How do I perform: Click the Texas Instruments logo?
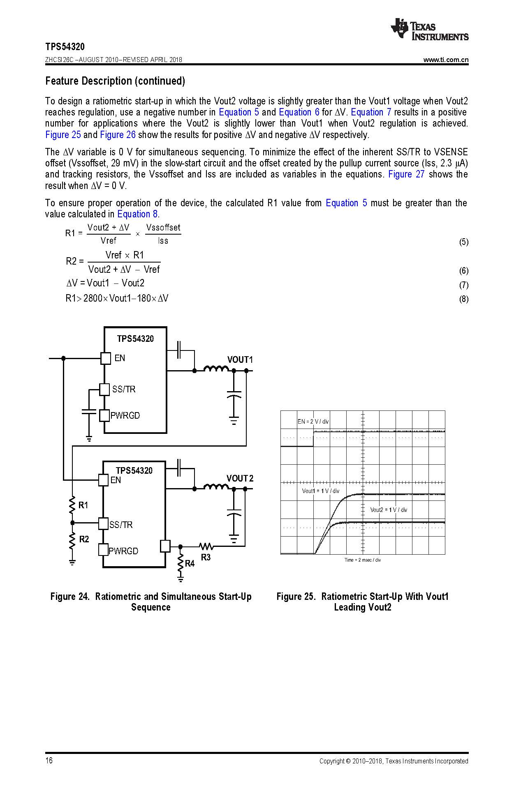point(430,29)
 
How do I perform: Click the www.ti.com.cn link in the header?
point(446,60)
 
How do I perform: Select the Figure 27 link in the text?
point(406,174)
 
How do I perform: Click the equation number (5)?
point(463,242)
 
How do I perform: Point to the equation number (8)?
point(463,299)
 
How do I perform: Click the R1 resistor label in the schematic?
point(83,505)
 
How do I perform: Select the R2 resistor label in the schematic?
point(84,539)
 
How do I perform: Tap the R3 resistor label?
point(206,557)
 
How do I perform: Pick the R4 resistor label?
point(190,563)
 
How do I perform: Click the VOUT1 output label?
point(240,360)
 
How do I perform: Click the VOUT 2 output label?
point(240,478)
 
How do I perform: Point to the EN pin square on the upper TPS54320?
point(106,358)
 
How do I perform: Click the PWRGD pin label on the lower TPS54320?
point(123,551)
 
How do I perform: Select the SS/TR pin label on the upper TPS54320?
point(123,389)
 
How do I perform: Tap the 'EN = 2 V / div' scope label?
point(313,422)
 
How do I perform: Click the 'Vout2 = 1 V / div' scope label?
point(388,510)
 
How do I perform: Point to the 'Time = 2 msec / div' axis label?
point(362,560)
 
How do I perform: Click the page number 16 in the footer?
point(49,761)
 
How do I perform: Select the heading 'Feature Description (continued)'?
point(115,81)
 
